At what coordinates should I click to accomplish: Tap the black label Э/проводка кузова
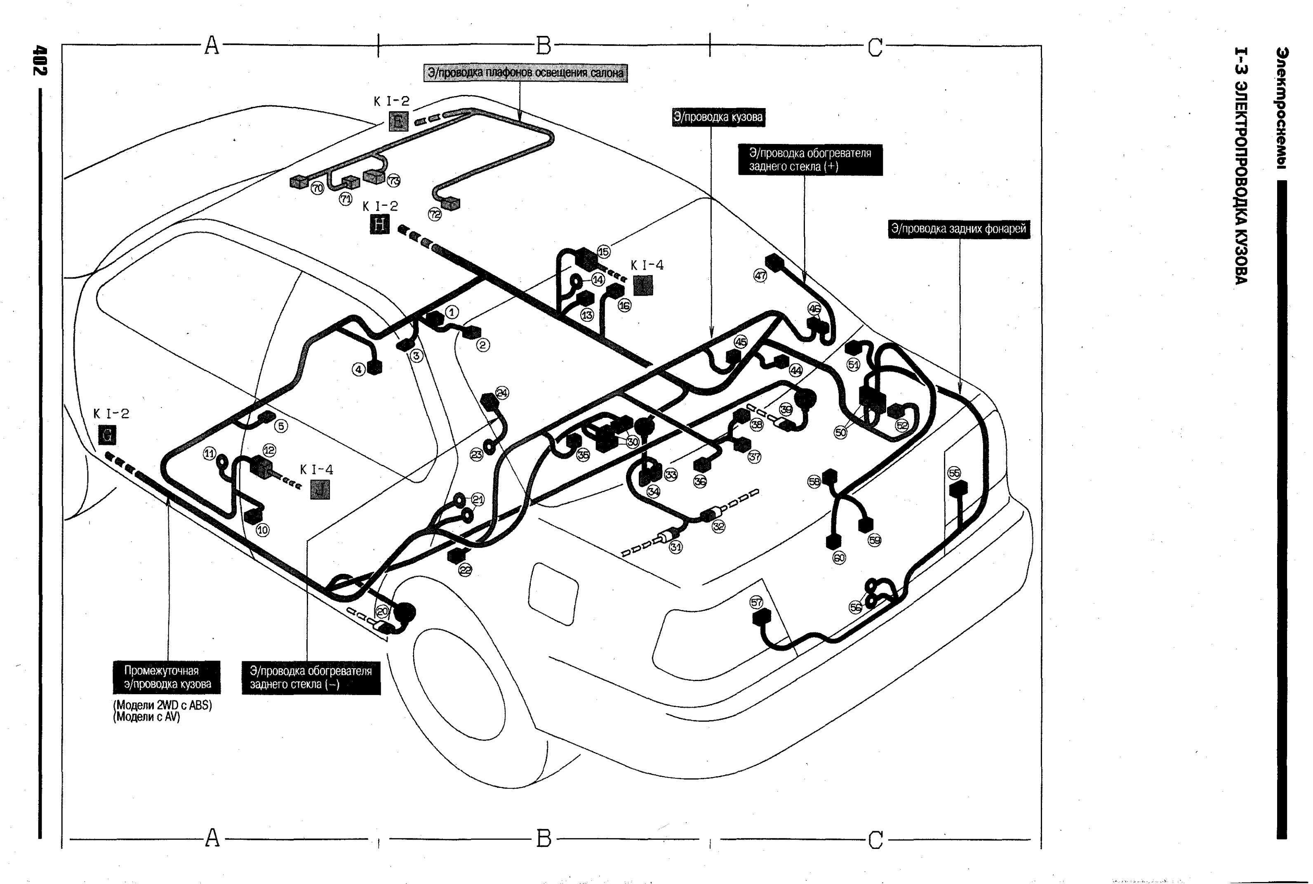pyautogui.click(x=718, y=117)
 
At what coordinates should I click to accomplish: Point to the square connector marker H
pyautogui.click(x=380, y=224)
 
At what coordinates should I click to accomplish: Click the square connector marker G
pyautogui.click(x=107, y=435)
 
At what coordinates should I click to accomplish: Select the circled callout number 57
pyautogui.click(x=756, y=602)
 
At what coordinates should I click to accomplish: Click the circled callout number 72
pyautogui.click(x=435, y=214)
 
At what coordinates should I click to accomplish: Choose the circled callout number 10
pyautogui.click(x=263, y=530)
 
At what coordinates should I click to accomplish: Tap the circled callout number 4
pyautogui.click(x=358, y=370)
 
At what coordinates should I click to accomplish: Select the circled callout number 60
pyautogui.click(x=839, y=558)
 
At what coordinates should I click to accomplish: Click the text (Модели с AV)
pyautogui.click(x=147, y=717)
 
